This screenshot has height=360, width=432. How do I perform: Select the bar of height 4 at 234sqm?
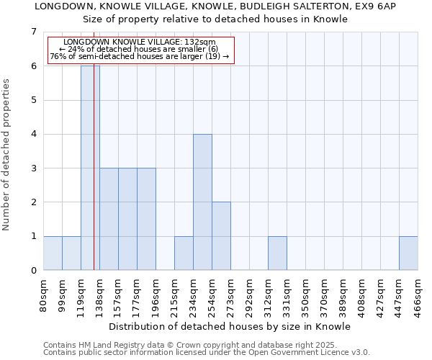(202, 202)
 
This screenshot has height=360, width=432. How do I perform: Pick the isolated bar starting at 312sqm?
(277, 253)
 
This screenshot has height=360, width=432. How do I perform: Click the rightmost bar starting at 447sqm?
(408, 253)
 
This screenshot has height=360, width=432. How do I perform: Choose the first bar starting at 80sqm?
(53, 253)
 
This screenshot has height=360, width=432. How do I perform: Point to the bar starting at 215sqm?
(184, 253)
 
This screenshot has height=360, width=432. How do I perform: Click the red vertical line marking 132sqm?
(94, 180)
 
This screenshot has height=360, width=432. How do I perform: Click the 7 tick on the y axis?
(33, 32)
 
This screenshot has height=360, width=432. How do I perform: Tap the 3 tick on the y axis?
(33, 168)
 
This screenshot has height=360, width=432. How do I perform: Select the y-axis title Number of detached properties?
(7, 154)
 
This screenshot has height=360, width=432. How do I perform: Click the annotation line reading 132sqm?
(140, 42)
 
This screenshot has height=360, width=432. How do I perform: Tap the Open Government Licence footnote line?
(207, 352)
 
